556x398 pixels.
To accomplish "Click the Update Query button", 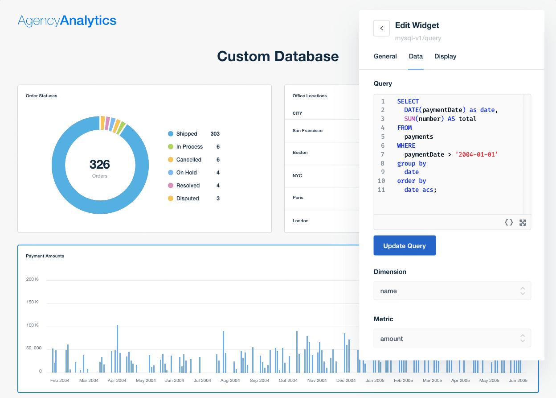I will point(405,245).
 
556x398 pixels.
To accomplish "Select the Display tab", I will point(445,56).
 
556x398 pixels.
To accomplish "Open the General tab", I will point(385,56).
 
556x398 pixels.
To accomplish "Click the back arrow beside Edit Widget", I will point(381,28).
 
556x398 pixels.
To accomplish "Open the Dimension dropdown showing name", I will point(452,291).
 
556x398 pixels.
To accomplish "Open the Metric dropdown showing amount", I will point(452,339).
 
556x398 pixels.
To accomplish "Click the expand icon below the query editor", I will point(523,222).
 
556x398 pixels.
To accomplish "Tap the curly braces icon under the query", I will point(509,222).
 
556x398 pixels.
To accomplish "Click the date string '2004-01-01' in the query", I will point(476,154).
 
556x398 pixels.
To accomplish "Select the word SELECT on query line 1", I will point(408,101).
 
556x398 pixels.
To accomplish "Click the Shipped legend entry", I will point(186,134).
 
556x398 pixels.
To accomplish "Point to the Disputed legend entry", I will point(187,199).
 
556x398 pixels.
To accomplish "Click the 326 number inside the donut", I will point(100,164).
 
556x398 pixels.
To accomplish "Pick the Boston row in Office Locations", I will point(300,153).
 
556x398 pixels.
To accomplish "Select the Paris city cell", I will point(298,198).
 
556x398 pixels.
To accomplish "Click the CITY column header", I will point(297,113).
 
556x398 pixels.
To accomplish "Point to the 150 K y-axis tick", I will point(32,302).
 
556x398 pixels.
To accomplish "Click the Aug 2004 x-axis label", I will point(230,381).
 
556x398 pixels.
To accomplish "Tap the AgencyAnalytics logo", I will point(67,21).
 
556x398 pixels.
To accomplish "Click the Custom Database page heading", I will point(278,56).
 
